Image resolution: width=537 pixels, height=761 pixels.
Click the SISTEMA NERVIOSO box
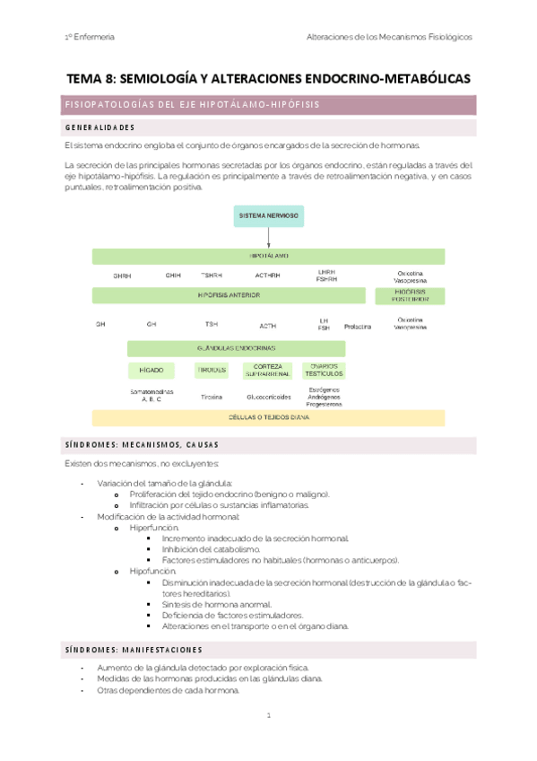pos(269,216)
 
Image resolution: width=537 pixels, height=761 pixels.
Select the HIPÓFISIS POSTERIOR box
pos(411,295)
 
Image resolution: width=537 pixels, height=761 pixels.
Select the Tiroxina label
pos(212,396)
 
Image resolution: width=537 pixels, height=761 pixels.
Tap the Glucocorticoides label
pos(268,396)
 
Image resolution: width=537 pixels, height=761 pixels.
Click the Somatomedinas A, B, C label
pos(151,395)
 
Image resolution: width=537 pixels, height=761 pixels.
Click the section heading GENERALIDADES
pos(100,127)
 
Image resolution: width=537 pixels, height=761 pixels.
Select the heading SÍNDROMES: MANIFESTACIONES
pos(134,649)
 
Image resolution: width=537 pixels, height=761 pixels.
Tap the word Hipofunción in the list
pos(153,571)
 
